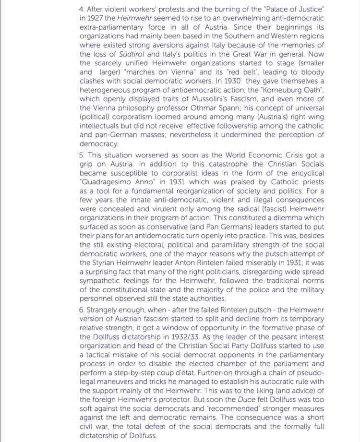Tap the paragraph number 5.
coord(81,155)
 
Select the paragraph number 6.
coord(82,310)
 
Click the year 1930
coord(233,81)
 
